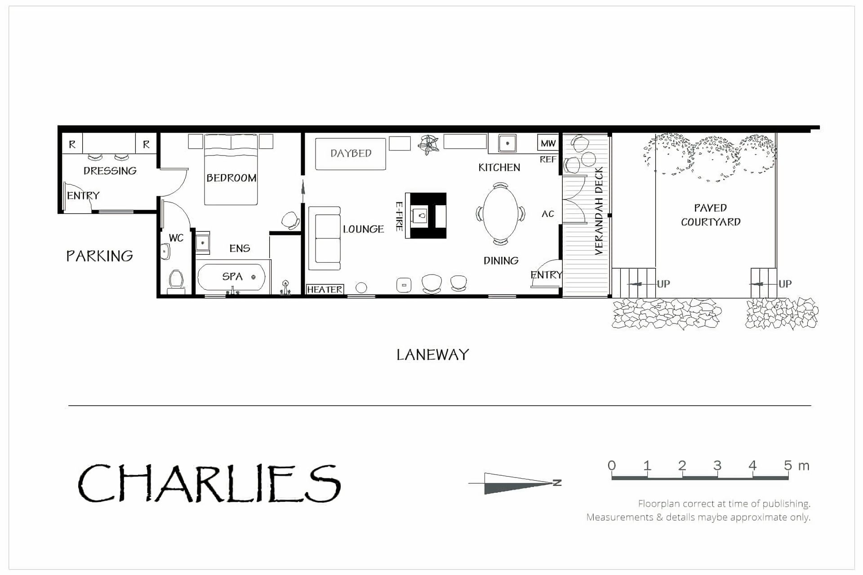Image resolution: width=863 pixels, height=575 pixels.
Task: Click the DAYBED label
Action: click(x=351, y=153)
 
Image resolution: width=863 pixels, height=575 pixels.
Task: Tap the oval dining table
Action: click(x=500, y=214)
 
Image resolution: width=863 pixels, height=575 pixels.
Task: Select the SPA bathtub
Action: click(x=231, y=277)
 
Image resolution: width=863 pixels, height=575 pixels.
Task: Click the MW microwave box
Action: click(x=548, y=143)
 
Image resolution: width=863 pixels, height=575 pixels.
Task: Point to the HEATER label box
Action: click(x=325, y=289)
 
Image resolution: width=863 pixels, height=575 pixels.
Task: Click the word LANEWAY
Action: click(x=432, y=355)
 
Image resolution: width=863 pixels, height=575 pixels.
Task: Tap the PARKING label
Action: click(x=99, y=256)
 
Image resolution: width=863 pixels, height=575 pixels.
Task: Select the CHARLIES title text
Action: click(x=209, y=483)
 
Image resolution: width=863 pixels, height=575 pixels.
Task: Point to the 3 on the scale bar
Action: click(x=717, y=465)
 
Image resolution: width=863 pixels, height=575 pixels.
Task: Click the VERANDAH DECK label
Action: click(x=598, y=211)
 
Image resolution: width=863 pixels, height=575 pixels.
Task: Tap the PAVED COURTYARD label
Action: click(x=711, y=215)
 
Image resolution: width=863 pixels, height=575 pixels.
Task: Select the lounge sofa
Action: click(x=325, y=238)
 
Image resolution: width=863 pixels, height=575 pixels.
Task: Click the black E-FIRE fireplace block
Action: click(x=426, y=216)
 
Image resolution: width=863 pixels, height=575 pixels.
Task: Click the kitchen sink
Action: click(x=507, y=144)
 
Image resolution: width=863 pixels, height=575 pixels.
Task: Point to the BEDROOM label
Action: click(x=231, y=178)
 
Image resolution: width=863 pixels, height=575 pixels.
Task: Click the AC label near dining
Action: click(x=547, y=214)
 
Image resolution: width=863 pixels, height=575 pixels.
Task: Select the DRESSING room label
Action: click(x=110, y=171)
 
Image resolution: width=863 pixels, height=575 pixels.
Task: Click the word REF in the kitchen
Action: click(x=548, y=159)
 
